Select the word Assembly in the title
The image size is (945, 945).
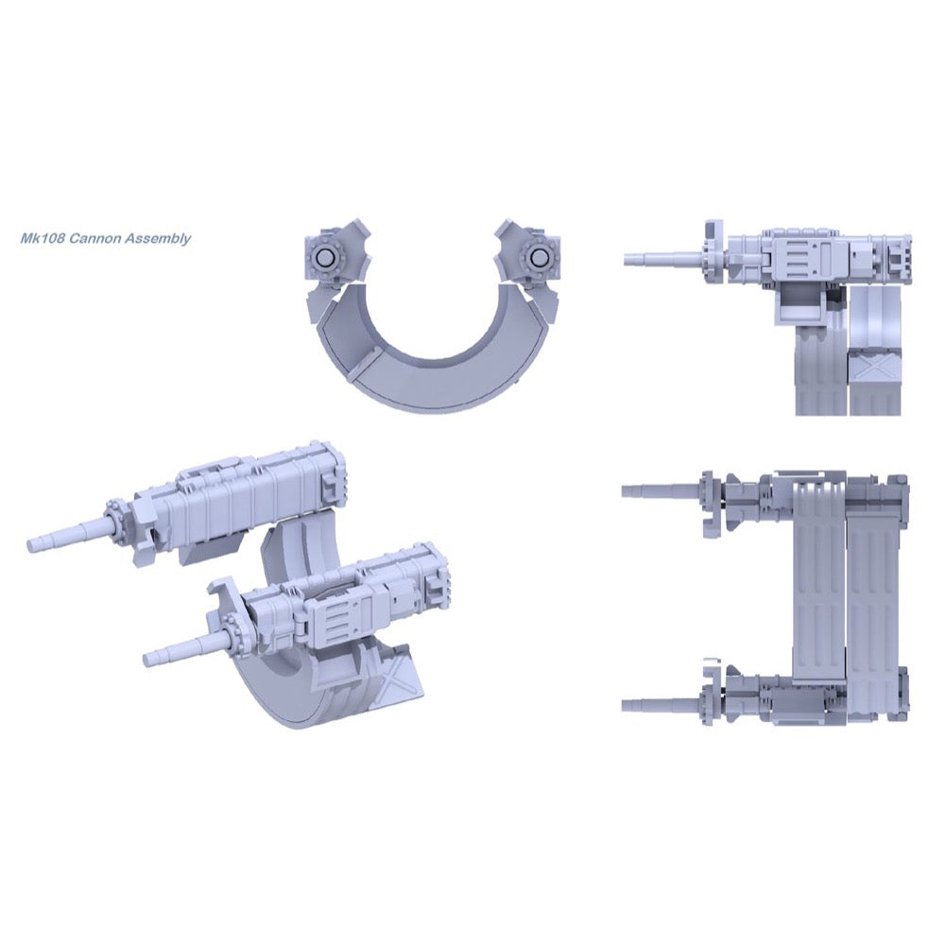tap(157, 239)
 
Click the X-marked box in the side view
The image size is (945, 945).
tap(874, 367)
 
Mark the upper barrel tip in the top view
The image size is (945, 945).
tap(625, 490)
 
